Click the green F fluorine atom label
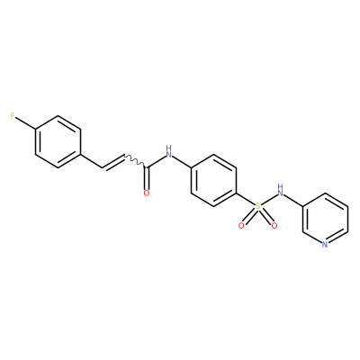tap(13, 116)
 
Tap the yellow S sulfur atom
tap(257, 206)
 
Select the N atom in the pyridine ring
tap(325, 245)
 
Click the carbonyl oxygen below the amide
tap(147, 193)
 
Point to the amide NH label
tap(169, 152)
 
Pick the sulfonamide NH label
tap(281, 190)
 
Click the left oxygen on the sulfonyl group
tap(241, 226)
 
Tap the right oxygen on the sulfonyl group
tap(274, 226)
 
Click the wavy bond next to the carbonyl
tap(135, 161)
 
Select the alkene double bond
tap(112, 162)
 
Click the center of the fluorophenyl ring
tap(58, 142)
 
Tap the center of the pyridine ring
tap(325, 219)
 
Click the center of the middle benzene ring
tap(213, 180)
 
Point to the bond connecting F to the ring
tap(25, 123)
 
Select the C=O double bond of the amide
tap(147, 178)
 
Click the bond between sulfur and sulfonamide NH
tap(269, 200)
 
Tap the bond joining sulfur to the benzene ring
tap(246, 199)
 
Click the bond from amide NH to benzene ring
tap(182, 161)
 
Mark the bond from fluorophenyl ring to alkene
tap(91, 161)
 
